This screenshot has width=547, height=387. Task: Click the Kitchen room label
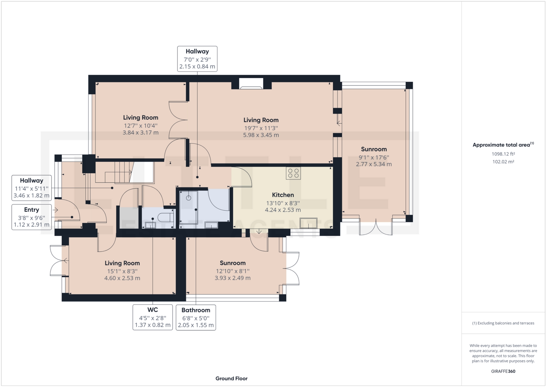[x=283, y=195]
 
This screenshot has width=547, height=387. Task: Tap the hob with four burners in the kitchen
[x=293, y=173]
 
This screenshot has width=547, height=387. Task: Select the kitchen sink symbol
[x=309, y=223]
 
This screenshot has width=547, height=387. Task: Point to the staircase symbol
[x=120, y=172]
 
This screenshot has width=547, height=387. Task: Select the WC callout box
[x=152, y=317]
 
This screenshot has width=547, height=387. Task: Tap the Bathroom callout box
[x=196, y=317]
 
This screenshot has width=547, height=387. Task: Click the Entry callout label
[x=32, y=217]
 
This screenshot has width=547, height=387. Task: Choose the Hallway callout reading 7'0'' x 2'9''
[x=197, y=59]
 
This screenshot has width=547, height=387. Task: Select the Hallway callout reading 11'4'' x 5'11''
[x=32, y=188]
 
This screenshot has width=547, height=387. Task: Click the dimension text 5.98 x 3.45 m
[x=261, y=135]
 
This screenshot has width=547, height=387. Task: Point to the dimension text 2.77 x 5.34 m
[x=373, y=164]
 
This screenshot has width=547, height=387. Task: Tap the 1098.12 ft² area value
[x=503, y=154]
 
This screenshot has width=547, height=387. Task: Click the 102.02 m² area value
[x=503, y=162]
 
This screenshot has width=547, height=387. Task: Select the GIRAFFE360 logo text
[x=503, y=371]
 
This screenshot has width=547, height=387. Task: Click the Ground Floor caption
[x=231, y=378]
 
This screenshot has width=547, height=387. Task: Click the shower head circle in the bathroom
[x=189, y=198]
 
